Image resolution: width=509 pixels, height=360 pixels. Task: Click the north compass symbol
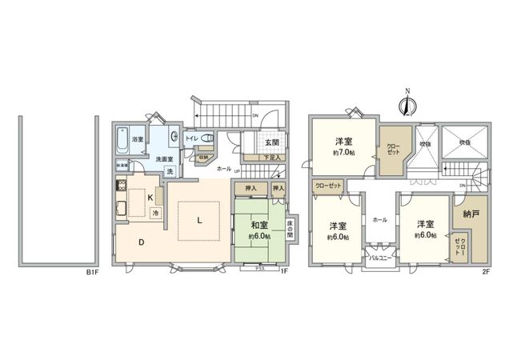[407, 102]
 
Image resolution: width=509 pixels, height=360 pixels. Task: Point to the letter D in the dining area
[141, 242]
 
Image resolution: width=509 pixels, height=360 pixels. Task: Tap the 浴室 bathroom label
[138, 139]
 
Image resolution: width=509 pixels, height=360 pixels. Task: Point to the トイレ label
[192, 138]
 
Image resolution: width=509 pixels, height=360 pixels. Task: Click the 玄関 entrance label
[271, 143]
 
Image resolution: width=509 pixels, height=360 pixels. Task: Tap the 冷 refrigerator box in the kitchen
[156, 212]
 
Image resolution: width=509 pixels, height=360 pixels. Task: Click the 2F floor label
[485, 274]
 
